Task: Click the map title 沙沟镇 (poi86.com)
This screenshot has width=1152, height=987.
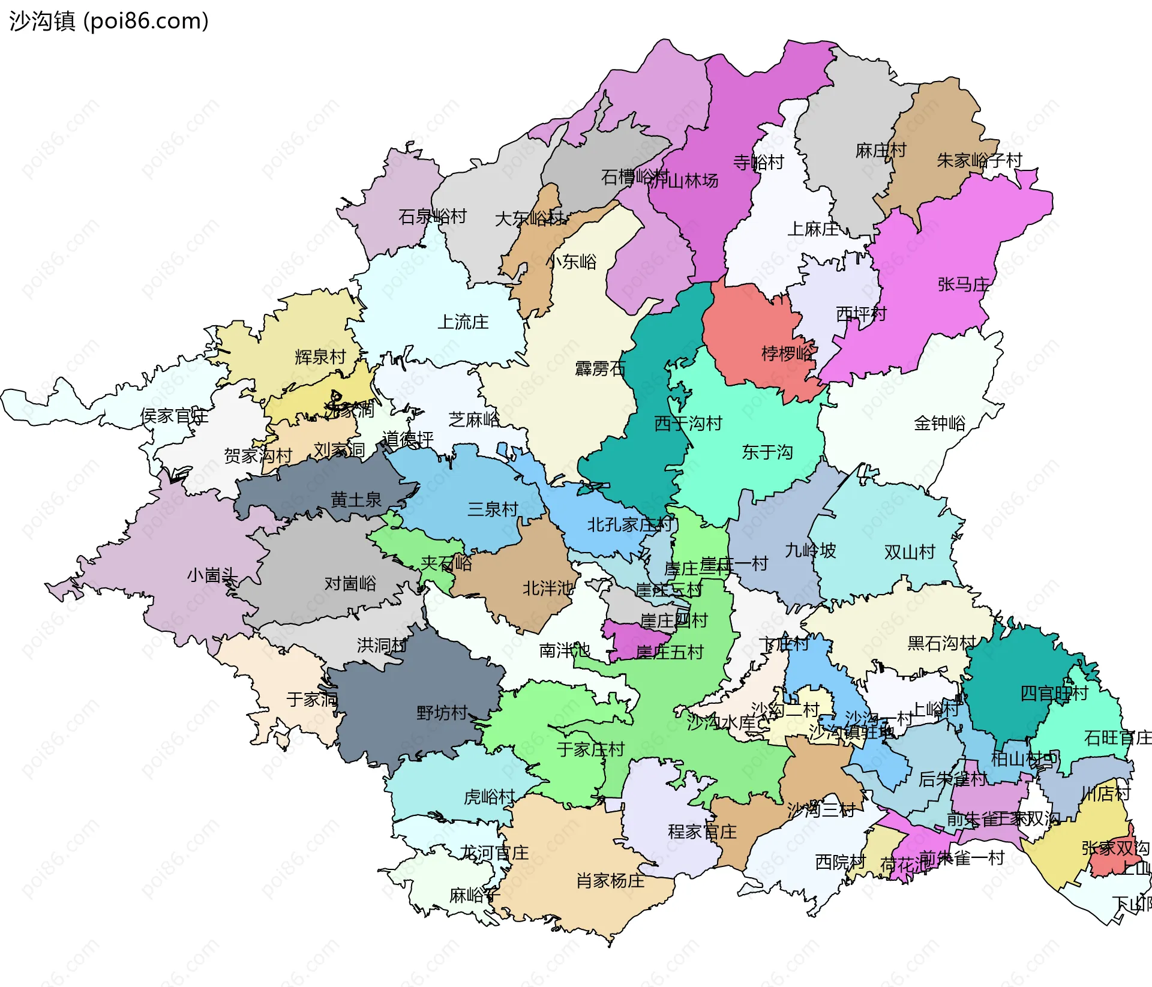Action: click(x=109, y=21)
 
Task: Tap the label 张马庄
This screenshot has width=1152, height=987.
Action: click(x=963, y=284)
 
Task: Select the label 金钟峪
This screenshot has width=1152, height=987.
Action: click(x=940, y=424)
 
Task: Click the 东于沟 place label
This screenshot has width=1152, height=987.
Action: click(x=767, y=452)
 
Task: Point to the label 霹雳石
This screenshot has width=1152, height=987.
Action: click(x=600, y=368)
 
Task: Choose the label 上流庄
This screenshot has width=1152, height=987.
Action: click(x=463, y=322)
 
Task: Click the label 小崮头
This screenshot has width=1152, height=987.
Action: click(x=212, y=575)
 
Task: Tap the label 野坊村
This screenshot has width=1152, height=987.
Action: click(x=442, y=713)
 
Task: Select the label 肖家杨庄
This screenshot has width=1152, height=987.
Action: click(x=610, y=881)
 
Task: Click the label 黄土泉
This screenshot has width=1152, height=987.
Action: click(x=356, y=499)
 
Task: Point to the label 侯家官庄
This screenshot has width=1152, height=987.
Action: click(x=174, y=416)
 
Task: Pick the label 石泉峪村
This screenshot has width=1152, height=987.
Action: click(x=432, y=217)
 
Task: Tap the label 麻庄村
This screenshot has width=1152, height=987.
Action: click(x=880, y=151)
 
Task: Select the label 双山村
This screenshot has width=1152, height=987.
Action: click(x=910, y=552)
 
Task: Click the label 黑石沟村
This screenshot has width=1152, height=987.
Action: click(x=941, y=643)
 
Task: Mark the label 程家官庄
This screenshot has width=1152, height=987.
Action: click(x=702, y=832)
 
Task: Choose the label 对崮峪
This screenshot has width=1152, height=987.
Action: click(x=350, y=583)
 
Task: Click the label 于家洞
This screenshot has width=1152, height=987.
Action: click(x=312, y=699)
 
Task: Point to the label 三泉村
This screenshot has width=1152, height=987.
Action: click(x=493, y=509)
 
